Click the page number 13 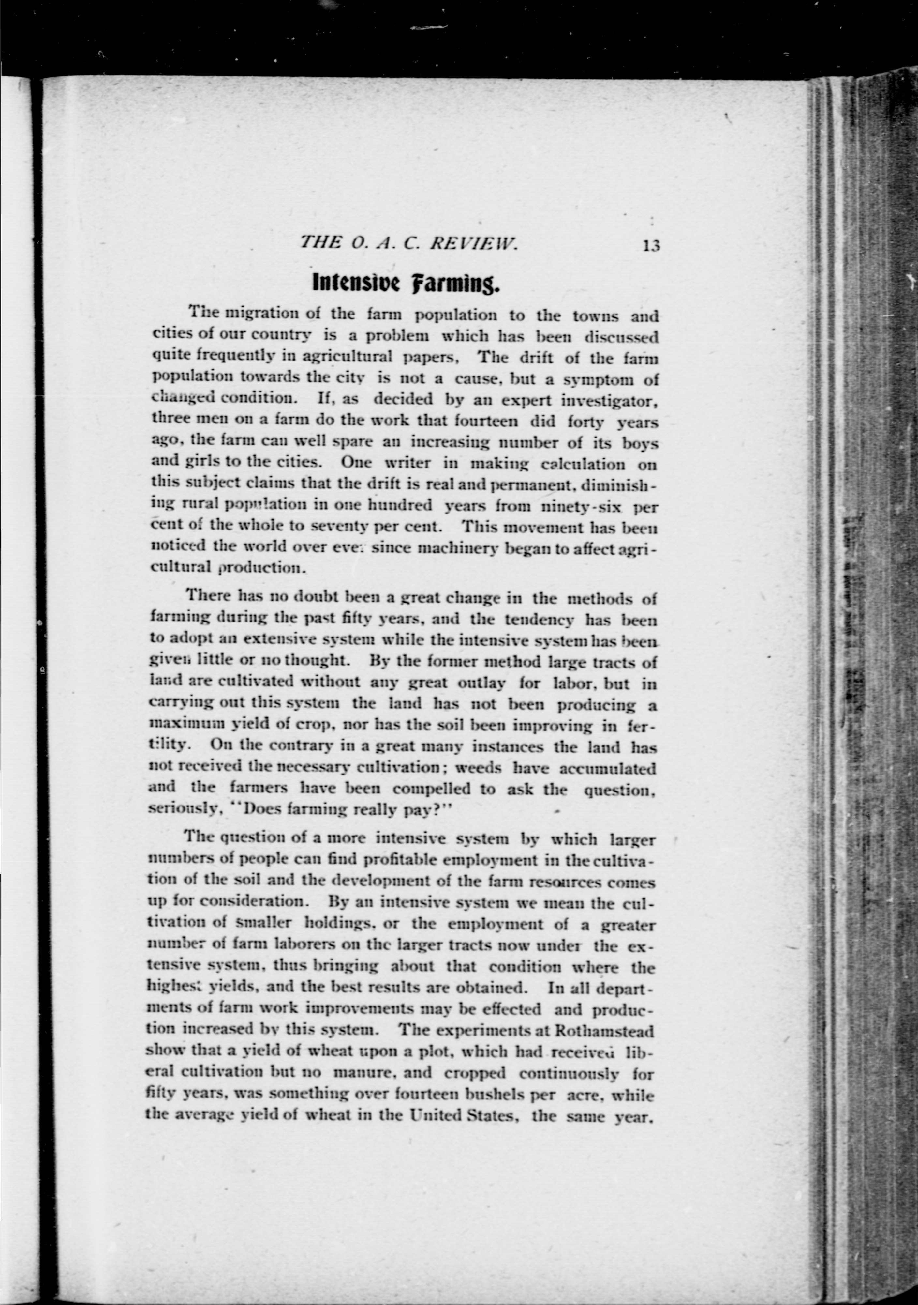click(x=651, y=246)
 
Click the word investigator click(x=609, y=401)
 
